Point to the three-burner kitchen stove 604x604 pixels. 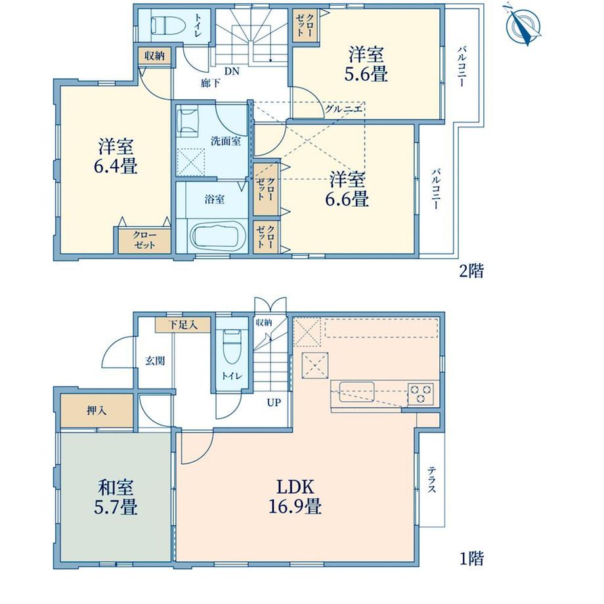[x=421, y=394]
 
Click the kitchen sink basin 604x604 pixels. [x=356, y=391]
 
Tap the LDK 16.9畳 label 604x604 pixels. [x=295, y=497]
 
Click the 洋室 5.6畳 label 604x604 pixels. [x=366, y=64]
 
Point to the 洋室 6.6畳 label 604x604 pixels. [x=347, y=189]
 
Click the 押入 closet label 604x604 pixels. [x=97, y=410]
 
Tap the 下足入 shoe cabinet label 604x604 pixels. [x=183, y=325]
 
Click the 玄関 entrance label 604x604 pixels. [x=155, y=360]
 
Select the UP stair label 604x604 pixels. [x=274, y=403]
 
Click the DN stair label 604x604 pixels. [x=232, y=71]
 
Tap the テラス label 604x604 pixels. [x=432, y=479]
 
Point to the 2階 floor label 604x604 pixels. [x=471, y=271]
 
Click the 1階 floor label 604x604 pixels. [x=471, y=559]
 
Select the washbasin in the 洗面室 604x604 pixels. [x=188, y=121]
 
